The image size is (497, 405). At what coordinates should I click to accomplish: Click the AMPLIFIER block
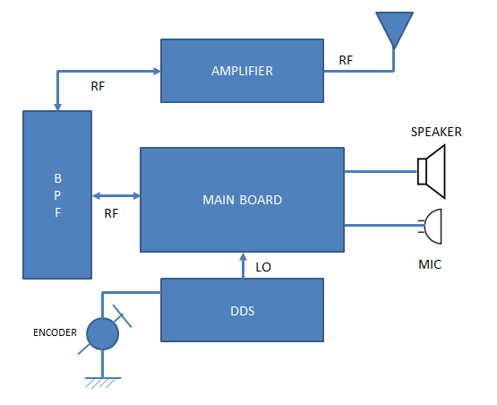click(x=242, y=70)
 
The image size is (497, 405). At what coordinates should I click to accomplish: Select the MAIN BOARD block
click(x=242, y=200)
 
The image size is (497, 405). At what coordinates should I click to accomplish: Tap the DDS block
click(x=242, y=309)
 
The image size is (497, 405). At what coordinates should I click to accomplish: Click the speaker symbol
click(x=431, y=171)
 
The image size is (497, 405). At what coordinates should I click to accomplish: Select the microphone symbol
click(x=432, y=226)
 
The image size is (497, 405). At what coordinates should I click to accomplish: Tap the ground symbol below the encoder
click(x=104, y=382)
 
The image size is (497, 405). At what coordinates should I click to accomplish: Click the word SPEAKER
click(x=436, y=132)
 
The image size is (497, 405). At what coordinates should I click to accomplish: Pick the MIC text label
click(x=430, y=265)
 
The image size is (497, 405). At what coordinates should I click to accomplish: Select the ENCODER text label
click(x=50, y=333)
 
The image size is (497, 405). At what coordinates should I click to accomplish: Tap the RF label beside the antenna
click(x=346, y=60)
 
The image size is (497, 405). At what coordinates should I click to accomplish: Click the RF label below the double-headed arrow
click(x=112, y=213)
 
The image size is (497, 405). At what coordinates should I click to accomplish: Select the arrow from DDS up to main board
click(x=242, y=265)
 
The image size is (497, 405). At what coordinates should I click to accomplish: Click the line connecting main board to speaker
click(x=381, y=171)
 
